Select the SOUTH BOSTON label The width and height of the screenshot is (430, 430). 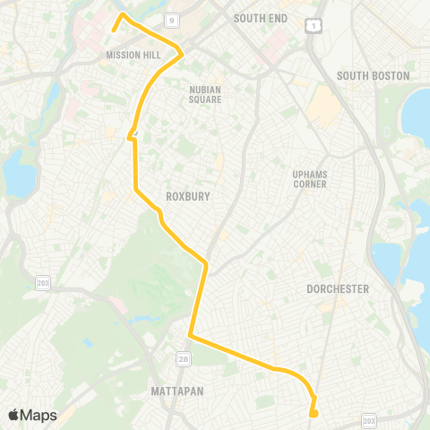pyautogui.click(x=373, y=76)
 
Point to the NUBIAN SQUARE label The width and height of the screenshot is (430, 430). pyautogui.click(x=211, y=94)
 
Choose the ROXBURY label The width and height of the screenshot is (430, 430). pyautogui.click(x=187, y=195)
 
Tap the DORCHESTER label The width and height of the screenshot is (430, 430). pyautogui.click(x=338, y=289)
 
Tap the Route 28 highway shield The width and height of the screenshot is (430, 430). pyautogui.click(x=183, y=358)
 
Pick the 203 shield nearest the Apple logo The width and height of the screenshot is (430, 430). pyautogui.click(x=42, y=282)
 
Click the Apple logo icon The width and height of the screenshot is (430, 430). pyautogui.click(x=14, y=415)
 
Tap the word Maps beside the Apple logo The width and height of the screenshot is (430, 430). pyautogui.click(x=39, y=416)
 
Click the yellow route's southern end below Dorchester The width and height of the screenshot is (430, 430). pyautogui.click(x=312, y=414)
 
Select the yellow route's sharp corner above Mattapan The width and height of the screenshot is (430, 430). pyautogui.click(x=190, y=336)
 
